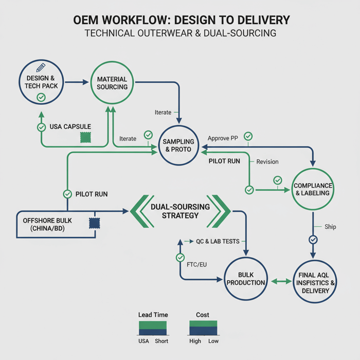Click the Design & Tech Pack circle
41,82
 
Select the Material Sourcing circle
112,83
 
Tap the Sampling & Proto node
178,146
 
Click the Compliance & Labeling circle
313,189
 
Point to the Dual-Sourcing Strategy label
179,211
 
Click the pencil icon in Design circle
41,67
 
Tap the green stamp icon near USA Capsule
85,137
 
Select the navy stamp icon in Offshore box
95,223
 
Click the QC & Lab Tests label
218,241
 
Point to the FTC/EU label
197,264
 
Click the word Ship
330,227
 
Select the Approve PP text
223,138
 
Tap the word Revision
267,161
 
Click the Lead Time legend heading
153,314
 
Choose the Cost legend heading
203,314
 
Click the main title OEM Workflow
179,20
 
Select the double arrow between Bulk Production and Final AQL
280,281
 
